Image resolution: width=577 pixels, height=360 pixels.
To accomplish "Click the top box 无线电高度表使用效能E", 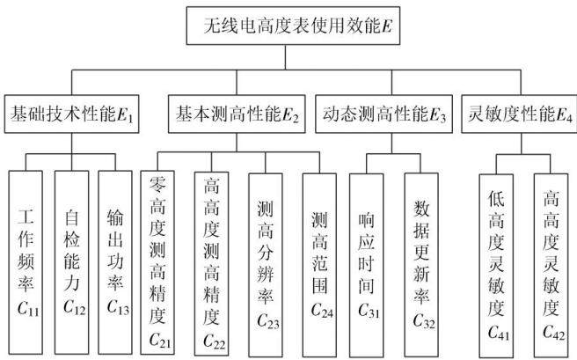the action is tap(293, 26).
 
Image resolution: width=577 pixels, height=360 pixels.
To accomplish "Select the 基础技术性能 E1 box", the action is tap(72, 114).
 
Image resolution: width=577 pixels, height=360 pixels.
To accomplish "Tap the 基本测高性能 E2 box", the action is tap(237, 114).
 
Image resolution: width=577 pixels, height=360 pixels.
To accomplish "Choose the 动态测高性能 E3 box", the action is tap(383, 114).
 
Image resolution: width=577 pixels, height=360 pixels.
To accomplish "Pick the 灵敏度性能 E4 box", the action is tap(519, 114).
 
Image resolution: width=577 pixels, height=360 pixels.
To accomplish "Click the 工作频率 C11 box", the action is tap(26, 262).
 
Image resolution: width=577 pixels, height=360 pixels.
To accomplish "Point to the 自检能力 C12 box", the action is tap(72, 262).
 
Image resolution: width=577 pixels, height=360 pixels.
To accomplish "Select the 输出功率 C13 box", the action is tap(115, 262).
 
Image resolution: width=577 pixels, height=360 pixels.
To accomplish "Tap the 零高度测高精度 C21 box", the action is tap(157, 262).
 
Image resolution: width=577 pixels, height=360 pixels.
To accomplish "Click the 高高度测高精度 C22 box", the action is tap(212, 263).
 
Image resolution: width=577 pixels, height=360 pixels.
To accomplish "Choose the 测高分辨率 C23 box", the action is tap(266, 265).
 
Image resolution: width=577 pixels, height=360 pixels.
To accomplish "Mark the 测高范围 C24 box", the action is tap(319, 265).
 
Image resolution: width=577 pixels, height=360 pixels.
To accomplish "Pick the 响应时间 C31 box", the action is tap(367, 266).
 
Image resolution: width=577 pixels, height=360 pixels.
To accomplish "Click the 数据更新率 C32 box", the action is tap(421, 265).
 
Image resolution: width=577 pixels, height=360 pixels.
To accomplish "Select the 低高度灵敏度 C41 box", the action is tap(496, 266).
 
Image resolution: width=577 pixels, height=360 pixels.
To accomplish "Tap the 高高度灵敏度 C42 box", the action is tap(551, 266).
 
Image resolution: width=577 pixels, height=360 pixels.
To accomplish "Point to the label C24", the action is tap(322, 311).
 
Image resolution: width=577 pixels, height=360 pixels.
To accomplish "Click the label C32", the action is tap(424, 321).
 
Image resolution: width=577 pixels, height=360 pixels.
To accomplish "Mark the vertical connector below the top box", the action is tap(286, 57).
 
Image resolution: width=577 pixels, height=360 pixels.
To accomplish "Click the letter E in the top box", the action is tap(387, 26).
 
